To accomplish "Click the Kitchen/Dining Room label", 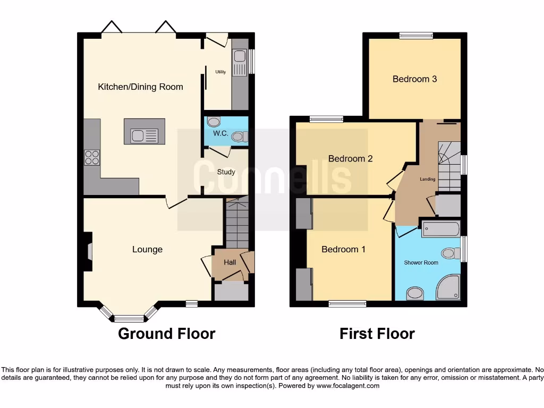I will point(140,87).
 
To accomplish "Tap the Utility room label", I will point(220,72).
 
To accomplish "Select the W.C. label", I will point(220,133).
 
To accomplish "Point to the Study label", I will point(226,172).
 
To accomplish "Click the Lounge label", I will point(147,249).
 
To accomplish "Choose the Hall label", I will point(229,262).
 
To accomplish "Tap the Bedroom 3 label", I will point(414,79).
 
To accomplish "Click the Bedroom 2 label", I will point(350,158).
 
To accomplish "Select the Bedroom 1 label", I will point(343,249).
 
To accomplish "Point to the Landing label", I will point(428,179).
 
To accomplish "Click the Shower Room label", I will point(421,262).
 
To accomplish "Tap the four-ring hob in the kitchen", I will point(91,158).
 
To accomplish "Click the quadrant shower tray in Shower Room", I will point(449,288).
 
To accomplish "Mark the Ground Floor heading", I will point(166,334).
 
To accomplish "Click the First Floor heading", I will point(377,334).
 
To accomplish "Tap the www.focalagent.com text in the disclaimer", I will point(348,386).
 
